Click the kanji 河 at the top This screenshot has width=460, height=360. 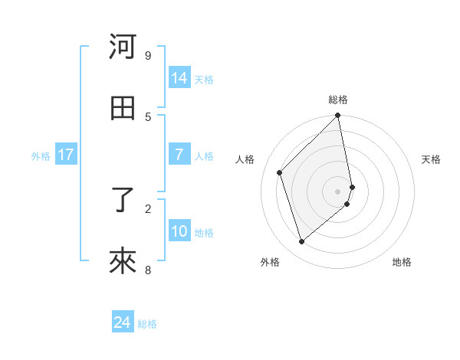point(123,47)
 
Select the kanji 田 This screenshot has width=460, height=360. point(123,108)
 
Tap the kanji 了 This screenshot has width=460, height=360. point(123,201)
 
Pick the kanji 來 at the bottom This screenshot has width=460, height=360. point(123,262)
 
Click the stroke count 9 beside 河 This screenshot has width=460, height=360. point(148,55)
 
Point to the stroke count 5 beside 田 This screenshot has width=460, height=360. point(148,116)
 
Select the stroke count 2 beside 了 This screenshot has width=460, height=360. point(148,208)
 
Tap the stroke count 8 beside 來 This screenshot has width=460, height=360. point(148,270)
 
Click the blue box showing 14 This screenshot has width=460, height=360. point(179,78)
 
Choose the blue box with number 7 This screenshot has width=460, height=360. point(179,155)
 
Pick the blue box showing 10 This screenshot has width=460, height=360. point(179,231)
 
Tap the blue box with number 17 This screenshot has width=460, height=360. point(66,155)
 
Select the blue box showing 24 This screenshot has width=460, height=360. point(123,322)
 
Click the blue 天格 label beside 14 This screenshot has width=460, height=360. point(204,80)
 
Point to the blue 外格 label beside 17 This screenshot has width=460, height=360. point(41,156)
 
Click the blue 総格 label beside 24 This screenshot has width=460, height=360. point(147,324)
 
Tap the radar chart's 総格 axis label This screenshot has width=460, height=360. point(338,100)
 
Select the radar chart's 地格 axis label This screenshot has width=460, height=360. point(402,263)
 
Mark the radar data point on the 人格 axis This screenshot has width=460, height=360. point(280,172)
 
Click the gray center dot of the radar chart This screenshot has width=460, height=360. point(338,191)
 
